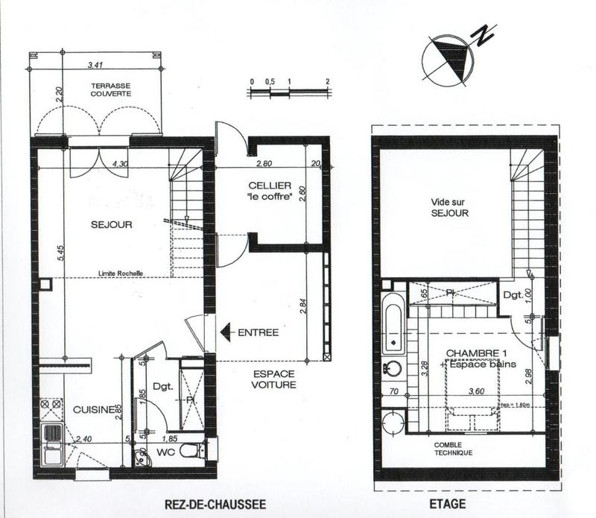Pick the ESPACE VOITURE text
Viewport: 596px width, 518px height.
[x=270, y=379]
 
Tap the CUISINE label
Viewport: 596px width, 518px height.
[x=92, y=409]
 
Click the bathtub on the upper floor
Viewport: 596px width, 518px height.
[x=394, y=323]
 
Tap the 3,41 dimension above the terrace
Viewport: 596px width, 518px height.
[x=95, y=65]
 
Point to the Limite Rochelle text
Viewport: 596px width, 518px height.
[x=120, y=273]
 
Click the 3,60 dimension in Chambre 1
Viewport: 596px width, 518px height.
[x=477, y=390]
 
